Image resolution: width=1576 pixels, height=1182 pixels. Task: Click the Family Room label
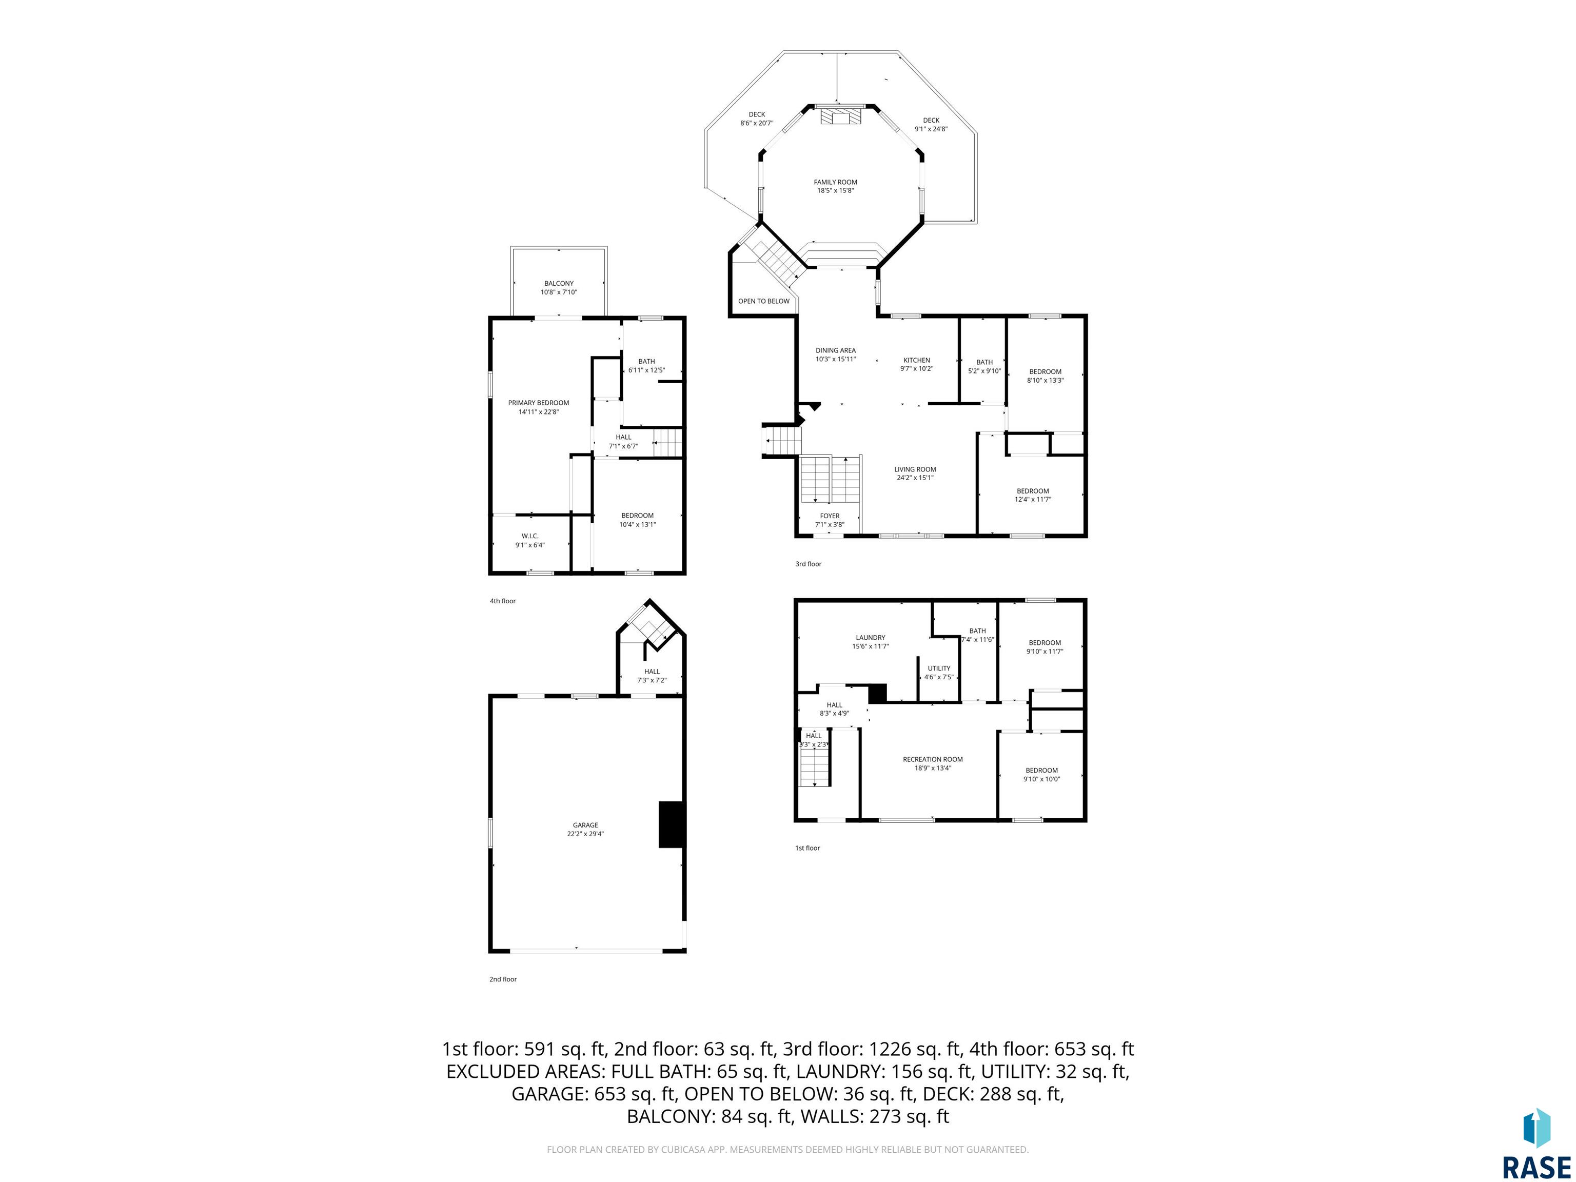836,183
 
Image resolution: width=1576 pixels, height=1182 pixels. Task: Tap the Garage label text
586,825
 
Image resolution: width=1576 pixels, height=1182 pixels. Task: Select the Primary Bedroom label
539,403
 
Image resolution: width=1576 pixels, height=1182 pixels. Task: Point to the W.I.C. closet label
530,536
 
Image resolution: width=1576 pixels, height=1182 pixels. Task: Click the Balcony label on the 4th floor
559,284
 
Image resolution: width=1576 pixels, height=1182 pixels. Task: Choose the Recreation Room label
933,759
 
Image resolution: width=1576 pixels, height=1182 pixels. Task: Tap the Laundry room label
871,638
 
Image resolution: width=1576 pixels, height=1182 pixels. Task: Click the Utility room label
939,668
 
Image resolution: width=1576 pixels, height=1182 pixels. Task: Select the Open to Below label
764,301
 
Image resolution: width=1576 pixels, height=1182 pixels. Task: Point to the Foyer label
830,516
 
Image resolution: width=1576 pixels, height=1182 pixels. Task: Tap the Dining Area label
836,350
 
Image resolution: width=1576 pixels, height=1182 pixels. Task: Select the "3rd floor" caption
809,564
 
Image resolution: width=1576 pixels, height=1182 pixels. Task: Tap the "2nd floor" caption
503,979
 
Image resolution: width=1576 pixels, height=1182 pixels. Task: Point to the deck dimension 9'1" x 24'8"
931,129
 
